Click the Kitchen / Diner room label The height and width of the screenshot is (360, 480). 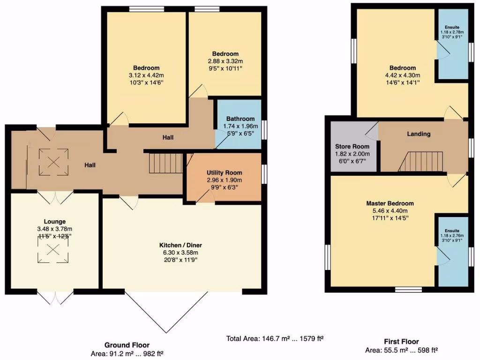pyautogui.click(x=180, y=245)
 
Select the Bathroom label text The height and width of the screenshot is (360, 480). pyautogui.click(x=240, y=119)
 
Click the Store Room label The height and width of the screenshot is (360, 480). pyautogui.click(x=352, y=147)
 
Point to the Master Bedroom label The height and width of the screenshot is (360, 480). pyautogui.click(x=390, y=203)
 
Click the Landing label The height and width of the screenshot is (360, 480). pyautogui.click(x=418, y=134)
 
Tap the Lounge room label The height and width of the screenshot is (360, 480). pyautogui.click(x=55, y=222)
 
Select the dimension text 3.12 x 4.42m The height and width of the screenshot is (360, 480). pyautogui.click(x=146, y=75)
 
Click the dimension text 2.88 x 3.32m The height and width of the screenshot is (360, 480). pyautogui.click(x=225, y=61)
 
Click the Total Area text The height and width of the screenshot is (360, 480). pyautogui.click(x=275, y=338)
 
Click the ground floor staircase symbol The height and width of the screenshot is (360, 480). pyautogui.click(x=166, y=164)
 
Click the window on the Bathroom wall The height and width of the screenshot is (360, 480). pyautogui.click(x=264, y=130)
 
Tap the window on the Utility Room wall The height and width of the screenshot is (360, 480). pyautogui.click(x=264, y=173)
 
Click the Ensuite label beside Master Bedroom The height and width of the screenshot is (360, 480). pyautogui.click(x=453, y=231)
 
